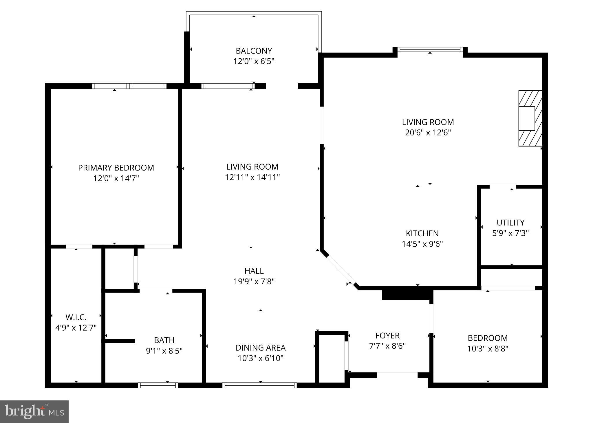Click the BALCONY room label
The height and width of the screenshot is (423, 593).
[254, 51]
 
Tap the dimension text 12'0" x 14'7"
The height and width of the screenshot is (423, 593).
[116, 178]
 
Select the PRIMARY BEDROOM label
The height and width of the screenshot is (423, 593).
[116, 168]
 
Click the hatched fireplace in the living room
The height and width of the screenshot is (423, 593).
[530, 118]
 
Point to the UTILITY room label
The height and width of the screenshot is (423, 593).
[510, 223]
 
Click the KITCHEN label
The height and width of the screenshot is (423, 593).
[422, 233]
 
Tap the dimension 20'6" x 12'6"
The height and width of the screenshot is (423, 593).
[428, 133]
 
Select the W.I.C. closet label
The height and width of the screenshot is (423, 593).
[76, 317]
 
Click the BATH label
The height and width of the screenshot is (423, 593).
[164, 340]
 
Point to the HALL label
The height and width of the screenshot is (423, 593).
[254, 271]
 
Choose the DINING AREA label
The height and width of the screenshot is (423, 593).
[260, 348]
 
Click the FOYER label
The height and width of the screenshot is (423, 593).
[387, 336]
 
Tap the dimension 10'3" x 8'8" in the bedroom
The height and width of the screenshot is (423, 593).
[488, 349]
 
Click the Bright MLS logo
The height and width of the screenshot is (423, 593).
[34, 411]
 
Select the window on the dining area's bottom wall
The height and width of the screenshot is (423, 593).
[259, 385]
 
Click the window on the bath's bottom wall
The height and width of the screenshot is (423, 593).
[158, 385]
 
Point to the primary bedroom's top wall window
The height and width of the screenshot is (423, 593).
[129, 86]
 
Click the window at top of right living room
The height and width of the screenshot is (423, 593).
[430, 50]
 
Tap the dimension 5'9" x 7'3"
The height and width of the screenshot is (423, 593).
[510, 233]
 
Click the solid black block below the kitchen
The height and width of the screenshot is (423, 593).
[407, 295]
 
